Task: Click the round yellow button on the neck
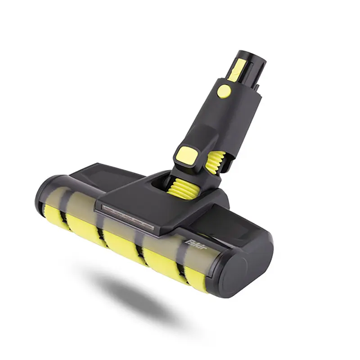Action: point(224,91)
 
